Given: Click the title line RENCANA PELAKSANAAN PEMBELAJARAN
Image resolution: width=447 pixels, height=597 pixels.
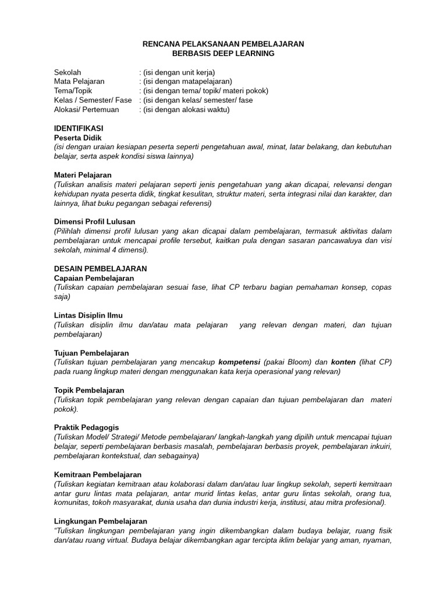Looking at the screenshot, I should coord(223,44).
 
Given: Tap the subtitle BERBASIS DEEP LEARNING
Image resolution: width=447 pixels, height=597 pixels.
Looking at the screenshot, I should coord(223,53).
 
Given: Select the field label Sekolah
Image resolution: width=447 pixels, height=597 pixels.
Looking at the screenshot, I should coord(68,72).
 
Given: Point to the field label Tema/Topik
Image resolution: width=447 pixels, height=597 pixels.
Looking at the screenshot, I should coord(73,91).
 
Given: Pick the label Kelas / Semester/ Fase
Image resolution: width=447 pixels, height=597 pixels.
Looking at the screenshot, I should coord(93,100).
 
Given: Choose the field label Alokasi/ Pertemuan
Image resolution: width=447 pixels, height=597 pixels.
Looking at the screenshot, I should coord(86,110).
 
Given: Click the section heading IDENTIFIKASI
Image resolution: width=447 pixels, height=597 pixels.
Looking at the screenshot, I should coord(79,128).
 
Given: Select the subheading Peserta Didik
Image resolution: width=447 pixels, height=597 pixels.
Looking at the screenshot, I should coord(77,138).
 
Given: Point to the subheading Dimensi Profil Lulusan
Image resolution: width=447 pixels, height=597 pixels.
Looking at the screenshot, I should coord(94,222).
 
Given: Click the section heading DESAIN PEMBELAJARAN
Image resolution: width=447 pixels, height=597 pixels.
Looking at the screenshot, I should coord(100,269).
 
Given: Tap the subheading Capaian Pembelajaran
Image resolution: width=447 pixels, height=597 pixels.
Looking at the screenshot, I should coord(94,278).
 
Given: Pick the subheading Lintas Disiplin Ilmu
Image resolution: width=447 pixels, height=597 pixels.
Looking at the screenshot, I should coord(88,315).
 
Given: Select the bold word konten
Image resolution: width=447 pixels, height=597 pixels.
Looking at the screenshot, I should coord(343,362).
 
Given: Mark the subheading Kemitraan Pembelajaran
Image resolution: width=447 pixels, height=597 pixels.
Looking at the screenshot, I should coord(97,475).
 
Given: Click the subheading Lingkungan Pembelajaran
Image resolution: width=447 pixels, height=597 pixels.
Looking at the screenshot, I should coord(100,521).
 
